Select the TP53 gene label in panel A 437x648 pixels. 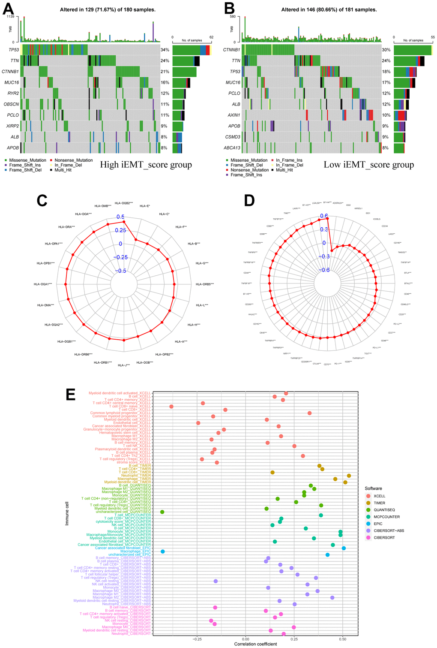coord(14,50)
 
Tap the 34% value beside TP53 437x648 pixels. coord(165,50)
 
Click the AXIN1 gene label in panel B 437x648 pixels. coord(233,115)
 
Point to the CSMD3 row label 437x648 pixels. coord(233,137)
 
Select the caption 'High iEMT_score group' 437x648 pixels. coord(146,165)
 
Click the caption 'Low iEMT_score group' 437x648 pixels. coord(368,165)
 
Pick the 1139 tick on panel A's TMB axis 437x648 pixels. coord(11,16)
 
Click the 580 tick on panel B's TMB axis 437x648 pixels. coord(233,16)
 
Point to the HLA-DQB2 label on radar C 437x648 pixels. coord(124,203)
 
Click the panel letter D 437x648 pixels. coord(249,200)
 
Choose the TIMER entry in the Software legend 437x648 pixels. coord(379,503)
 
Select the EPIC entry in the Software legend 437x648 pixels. coord(378,524)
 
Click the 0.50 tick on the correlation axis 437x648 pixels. coord(343,639)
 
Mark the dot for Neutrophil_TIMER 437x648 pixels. coord(349,476)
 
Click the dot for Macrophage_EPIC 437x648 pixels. coord(163,552)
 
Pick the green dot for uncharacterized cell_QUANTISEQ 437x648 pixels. coord(162,512)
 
